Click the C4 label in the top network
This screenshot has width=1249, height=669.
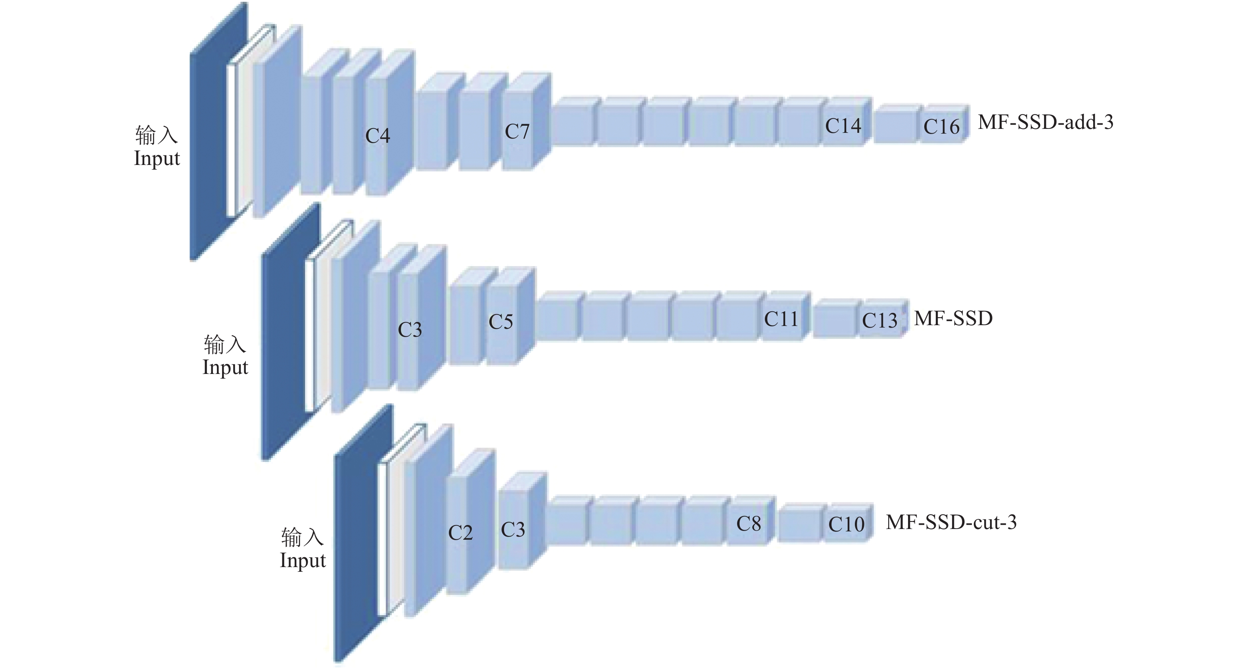pos(377,136)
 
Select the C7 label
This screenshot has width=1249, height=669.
pos(517,131)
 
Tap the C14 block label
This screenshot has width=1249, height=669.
pos(843,126)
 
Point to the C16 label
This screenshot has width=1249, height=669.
pos(941,127)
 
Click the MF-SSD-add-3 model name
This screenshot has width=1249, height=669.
pos(1045,122)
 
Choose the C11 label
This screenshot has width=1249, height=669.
pos(781,319)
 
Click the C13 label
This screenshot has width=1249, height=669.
pos(879,320)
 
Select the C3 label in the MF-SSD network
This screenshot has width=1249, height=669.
pos(410,330)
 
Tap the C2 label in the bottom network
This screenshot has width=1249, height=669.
pos(460,533)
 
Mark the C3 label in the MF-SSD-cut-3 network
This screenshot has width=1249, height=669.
pos(513,530)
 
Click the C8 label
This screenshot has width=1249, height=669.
pos(749,523)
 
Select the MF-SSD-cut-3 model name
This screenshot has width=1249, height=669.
pos(951,523)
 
